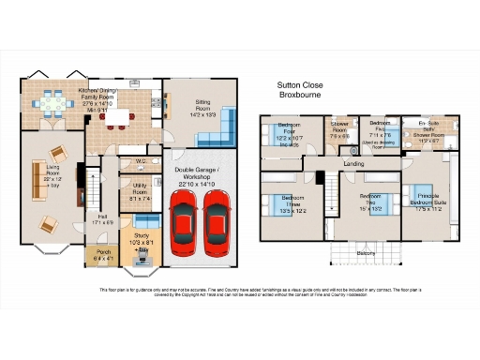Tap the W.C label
[x=139, y=161]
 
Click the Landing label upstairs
[x=354, y=163]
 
